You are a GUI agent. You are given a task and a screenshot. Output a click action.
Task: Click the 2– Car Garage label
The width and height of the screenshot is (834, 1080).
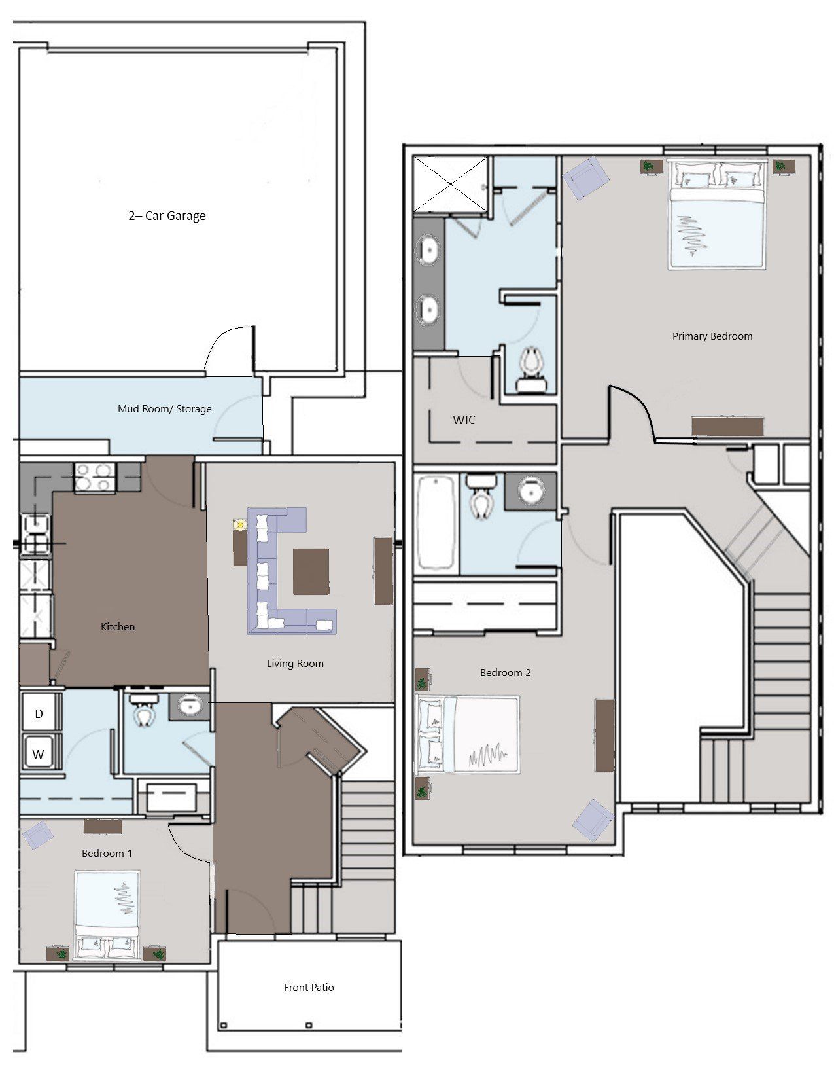point(167,216)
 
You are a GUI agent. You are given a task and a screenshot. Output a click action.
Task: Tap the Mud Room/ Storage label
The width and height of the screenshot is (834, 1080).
point(164,408)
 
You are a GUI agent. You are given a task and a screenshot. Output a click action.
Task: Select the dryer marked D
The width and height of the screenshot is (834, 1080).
point(39,713)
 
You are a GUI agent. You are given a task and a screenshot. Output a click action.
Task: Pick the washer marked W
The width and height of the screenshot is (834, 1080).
point(39,753)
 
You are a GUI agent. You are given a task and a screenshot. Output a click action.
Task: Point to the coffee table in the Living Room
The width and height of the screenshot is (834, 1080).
point(311,571)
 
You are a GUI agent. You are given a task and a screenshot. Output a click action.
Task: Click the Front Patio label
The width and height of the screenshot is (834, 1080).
point(309,988)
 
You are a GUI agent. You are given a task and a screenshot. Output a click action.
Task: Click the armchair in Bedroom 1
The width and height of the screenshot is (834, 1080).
point(38,835)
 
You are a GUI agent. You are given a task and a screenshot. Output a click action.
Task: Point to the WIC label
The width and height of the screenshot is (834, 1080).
point(464,420)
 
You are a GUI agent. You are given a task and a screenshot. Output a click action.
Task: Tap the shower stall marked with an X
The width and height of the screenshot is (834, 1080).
point(451,185)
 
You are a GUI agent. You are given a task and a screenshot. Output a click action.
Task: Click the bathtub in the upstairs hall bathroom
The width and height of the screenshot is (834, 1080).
point(436,523)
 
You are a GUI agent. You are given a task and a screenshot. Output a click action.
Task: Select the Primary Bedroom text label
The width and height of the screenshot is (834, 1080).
point(712,336)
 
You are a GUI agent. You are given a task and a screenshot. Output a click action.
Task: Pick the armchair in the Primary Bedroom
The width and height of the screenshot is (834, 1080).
point(586,178)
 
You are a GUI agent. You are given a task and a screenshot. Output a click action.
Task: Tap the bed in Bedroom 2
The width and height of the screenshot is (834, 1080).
point(468,734)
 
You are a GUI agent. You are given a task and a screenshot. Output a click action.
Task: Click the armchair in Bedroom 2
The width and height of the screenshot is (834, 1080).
point(593,820)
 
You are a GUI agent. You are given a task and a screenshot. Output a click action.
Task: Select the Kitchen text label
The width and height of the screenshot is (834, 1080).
point(118,627)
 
